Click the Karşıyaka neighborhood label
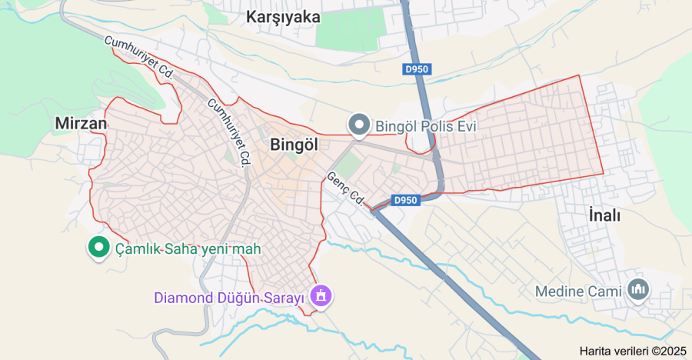click(283, 17)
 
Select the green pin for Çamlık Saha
click(98, 247)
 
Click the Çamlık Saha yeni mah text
click(188, 248)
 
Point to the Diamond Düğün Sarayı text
click(231, 297)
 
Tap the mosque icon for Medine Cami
click(639, 290)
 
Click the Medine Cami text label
click(581, 292)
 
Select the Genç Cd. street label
click(345, 186)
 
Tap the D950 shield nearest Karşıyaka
click(417, 69)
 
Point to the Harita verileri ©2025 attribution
click(633, 351)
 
